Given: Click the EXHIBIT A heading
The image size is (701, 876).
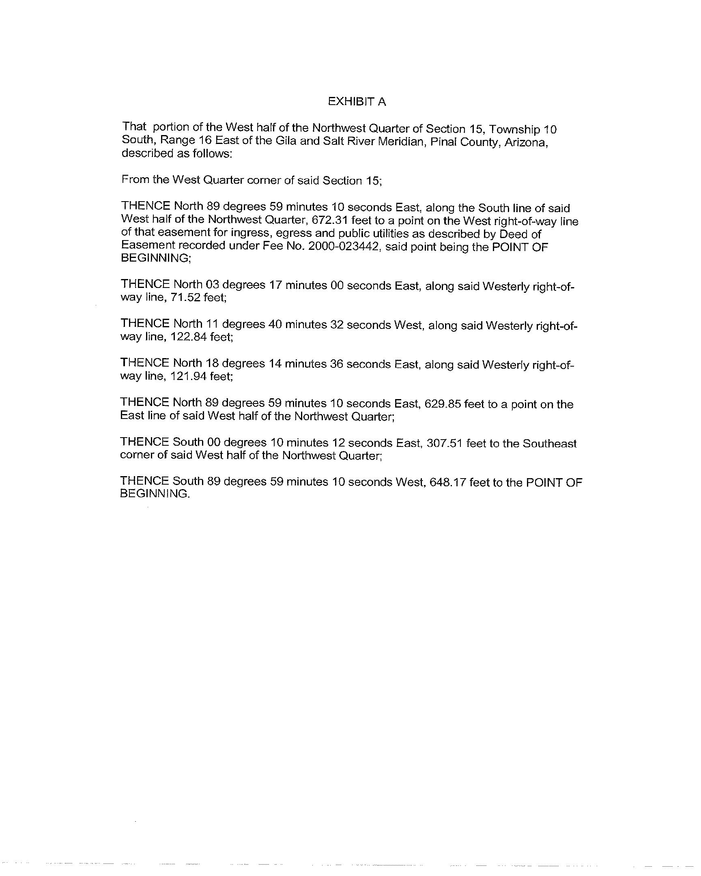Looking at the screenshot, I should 357,101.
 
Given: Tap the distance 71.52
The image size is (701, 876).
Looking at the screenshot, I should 185,297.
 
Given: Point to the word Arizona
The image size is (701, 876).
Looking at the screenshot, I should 526,143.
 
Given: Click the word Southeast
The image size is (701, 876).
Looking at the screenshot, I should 549,443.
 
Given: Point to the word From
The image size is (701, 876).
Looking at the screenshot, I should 135,179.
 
